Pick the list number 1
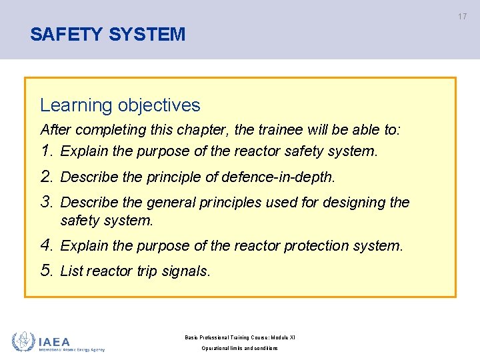46,151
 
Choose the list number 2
46,177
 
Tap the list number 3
46,201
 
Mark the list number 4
46,245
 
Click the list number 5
46,271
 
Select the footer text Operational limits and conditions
240,348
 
